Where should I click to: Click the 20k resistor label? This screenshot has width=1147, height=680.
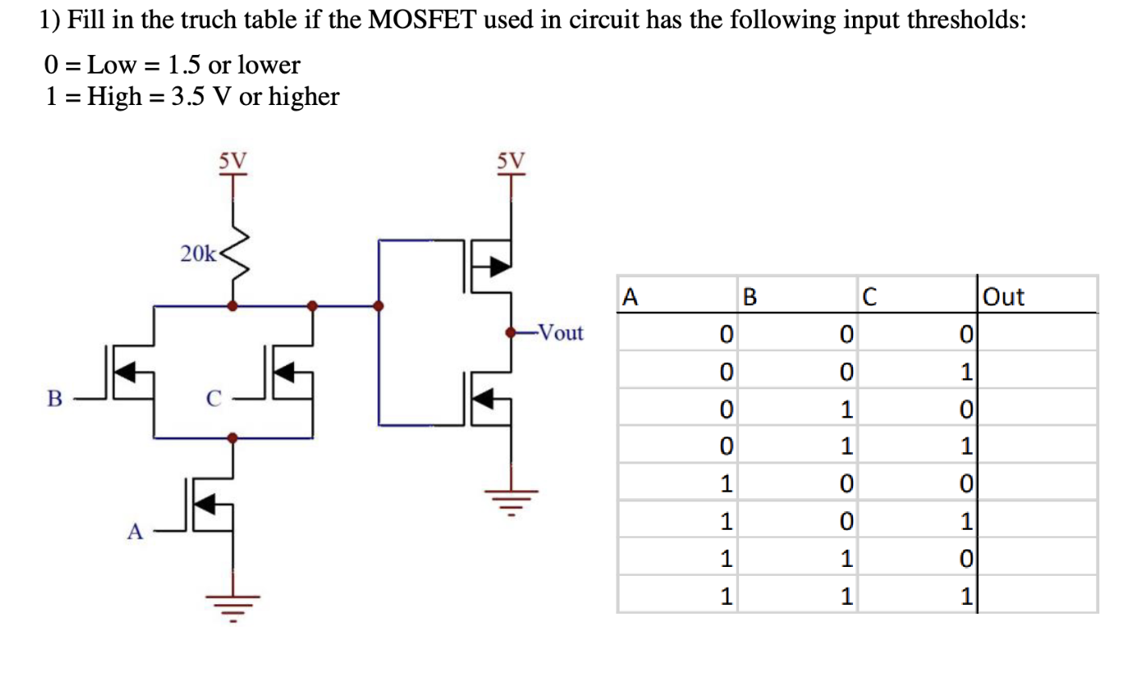(198, 254)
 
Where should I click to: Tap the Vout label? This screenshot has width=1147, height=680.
(560, 333)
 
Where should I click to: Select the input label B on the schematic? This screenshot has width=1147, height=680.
(54, 399)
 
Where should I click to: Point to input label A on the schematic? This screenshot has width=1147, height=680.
(135, 531)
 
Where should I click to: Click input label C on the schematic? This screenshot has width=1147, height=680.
(212, 399)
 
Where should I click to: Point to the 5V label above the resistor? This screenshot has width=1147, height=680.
(233, 160)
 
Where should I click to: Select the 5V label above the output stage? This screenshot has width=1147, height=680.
(510, 160)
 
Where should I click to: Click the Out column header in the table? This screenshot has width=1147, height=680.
(1004, 296)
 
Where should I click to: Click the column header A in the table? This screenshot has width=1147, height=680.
(630, 296)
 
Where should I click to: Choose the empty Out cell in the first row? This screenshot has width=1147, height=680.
(1037, 332)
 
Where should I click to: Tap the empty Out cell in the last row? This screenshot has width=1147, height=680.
(1037, 596)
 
